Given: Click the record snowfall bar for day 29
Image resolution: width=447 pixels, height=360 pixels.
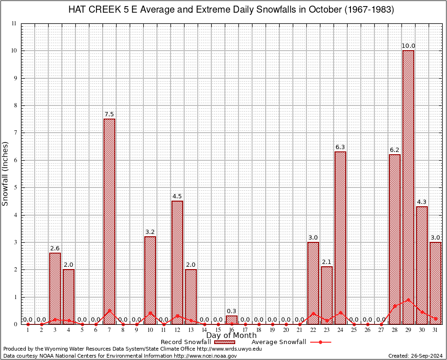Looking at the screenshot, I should pyautogui.click(x=408, y=187).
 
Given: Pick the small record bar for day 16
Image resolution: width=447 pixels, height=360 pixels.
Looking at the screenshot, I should pyautogui.click(x=231, y=320).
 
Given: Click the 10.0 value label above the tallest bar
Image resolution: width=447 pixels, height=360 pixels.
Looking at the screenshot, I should pyautogui.click(x=408, y=46).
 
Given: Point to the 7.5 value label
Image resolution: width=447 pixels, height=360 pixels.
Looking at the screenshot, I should pyautogui.click(x=109, y=114).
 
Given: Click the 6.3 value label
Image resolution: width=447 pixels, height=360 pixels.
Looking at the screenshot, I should pyautogui.click(x=340, y=147).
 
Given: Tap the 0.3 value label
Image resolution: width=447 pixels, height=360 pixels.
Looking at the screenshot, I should pyautogui.click(x=231, y=311).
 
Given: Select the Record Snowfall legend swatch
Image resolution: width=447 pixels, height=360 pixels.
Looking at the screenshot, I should pyautogui.click(x=224, y=342).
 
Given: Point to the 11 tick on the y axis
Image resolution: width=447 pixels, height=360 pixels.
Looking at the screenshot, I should pyautogui.click(x=14, y=23).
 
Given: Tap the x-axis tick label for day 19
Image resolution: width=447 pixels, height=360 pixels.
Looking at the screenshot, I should pyautogui.click(x=272, y=330).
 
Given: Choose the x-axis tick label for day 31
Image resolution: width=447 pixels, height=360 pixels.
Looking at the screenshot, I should pyautogui.click(x=435, y=330).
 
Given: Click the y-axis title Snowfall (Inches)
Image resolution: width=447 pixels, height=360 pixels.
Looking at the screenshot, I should pyautogui.click(x=6, y=173).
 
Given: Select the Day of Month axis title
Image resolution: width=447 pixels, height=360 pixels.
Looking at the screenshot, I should pyautogui.click(x=231, y=336).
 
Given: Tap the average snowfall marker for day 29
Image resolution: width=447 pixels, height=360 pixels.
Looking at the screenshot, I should pyautogui.click(x=408, y=300).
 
